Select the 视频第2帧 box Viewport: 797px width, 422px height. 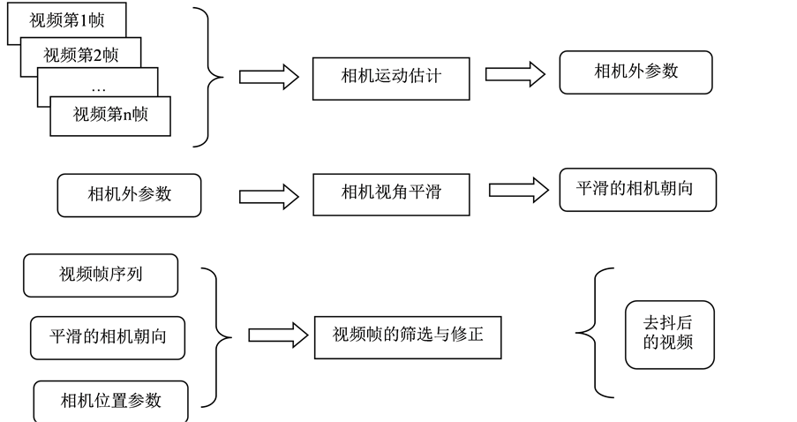tap(80, 55)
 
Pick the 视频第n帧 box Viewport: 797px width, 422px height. tap(109, 115)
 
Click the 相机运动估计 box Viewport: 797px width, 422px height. tap(390, 77)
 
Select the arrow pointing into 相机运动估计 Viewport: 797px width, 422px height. tap(268, 77)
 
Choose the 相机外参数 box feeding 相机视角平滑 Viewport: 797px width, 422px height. tap(129, 195)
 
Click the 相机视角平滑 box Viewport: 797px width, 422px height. tap(390, 193)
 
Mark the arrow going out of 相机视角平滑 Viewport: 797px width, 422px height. tap(518, 190)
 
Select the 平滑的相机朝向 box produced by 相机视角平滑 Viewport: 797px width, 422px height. tap(638, 190)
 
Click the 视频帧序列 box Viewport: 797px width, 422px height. tap(101, 275)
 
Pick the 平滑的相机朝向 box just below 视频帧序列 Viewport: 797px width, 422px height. tap(108, 337)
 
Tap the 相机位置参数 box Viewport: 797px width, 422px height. tap(111, 402)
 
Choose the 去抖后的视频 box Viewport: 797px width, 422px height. tap(669, 335)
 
